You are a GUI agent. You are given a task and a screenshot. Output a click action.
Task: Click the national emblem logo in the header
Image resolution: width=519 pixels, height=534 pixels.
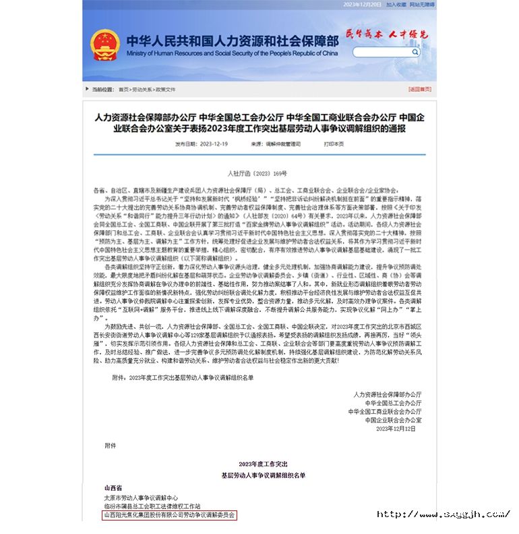105,44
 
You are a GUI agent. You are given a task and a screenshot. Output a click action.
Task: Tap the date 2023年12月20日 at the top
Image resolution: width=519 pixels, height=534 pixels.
362,4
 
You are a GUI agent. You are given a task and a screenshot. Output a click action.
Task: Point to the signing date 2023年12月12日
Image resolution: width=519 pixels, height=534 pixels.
398,429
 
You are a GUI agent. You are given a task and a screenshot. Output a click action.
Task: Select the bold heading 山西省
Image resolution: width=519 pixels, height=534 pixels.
113,487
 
